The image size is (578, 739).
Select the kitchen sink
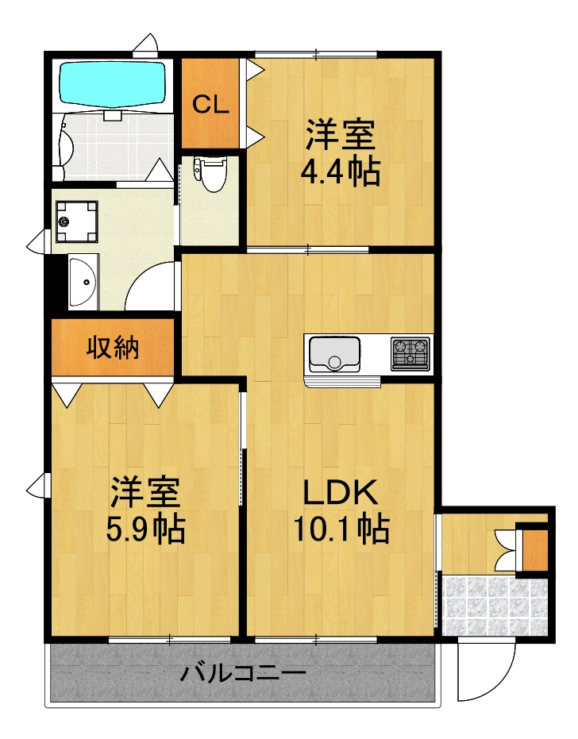(x=334, y=354)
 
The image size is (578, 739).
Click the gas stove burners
(x=410, y=353)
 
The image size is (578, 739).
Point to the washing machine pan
(x=77, y=220)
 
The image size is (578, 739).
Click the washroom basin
(x=83, y=281)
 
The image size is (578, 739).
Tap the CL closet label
(x=211, y=104)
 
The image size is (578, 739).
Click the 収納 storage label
(x=113, y=348)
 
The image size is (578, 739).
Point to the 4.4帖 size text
(x=340, y=171)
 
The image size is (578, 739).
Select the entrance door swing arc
(x=489, y=675)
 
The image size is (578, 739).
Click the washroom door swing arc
(x=151, y=286)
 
